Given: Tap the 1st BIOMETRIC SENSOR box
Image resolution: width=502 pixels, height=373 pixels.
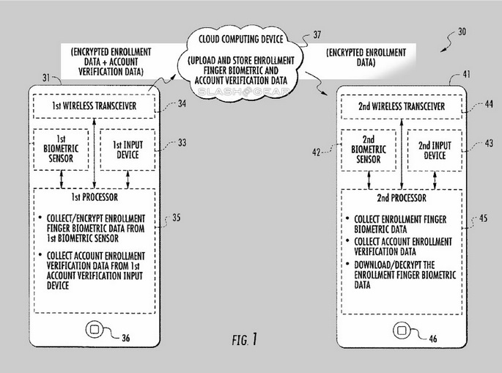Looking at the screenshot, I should [x=60, y=147].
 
